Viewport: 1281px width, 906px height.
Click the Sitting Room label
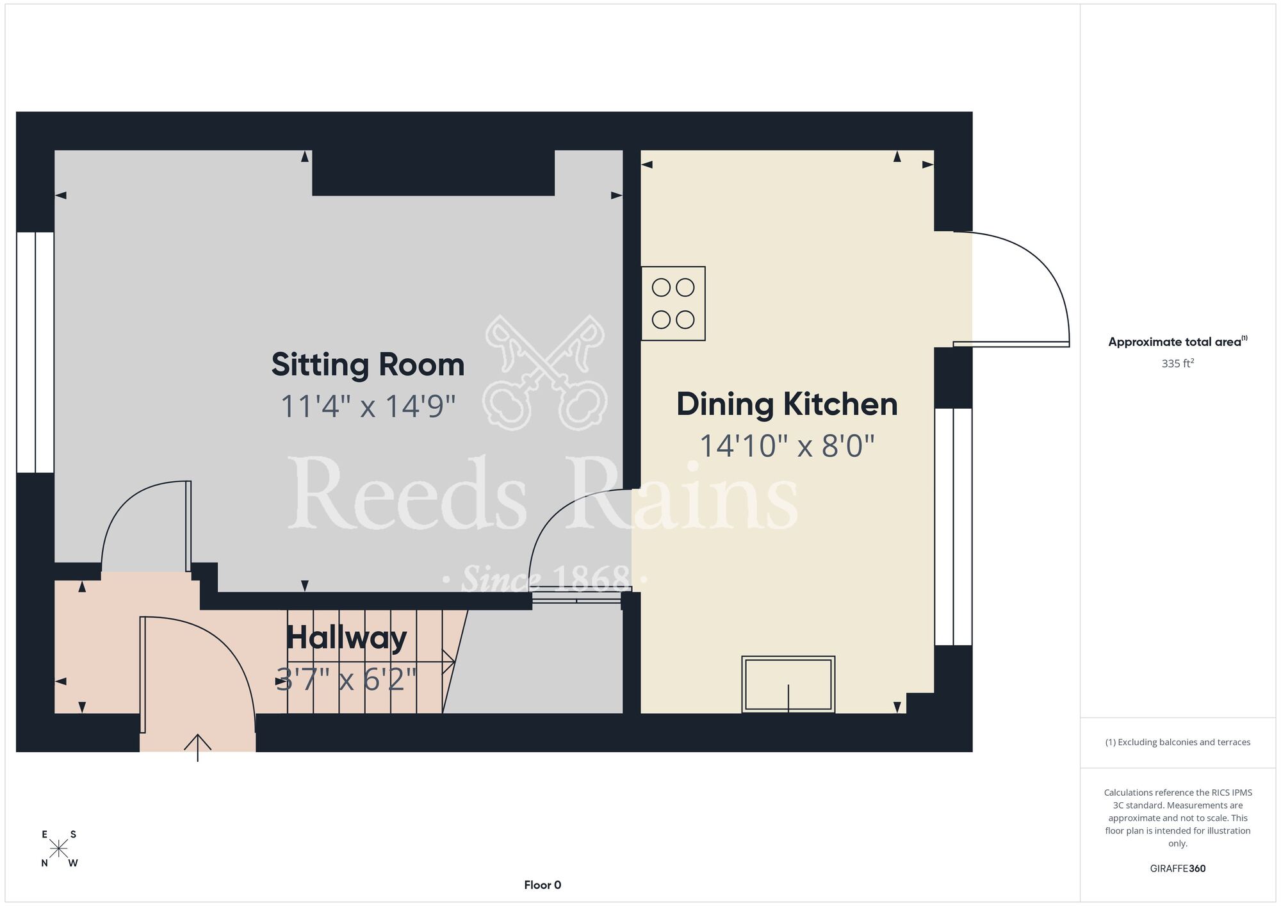[368, 365]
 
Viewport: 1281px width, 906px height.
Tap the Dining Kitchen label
[787, 404]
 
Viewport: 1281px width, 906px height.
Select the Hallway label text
[347, 638]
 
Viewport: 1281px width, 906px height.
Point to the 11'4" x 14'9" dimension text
[368, 406]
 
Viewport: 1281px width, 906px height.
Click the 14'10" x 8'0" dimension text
[787, 446]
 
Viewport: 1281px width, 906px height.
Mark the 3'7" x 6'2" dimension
[347, 679]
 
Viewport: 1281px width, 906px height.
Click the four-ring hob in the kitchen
[673, 304]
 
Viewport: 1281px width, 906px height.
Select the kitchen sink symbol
[788, 684]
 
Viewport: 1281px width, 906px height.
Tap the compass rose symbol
[59, 849]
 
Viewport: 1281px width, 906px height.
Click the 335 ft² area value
[1178, 363]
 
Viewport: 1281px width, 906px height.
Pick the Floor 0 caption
[543, 885]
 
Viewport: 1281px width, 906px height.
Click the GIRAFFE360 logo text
[1178, 869]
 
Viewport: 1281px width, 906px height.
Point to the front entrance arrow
[198, 748]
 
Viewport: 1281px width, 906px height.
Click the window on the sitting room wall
[35, 352]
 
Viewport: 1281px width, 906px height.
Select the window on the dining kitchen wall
[953, 527]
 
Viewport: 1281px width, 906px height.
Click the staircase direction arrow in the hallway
[371, 661]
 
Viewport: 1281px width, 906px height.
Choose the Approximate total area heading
[1178, 342]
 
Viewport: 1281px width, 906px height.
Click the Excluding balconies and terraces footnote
[1178, 742]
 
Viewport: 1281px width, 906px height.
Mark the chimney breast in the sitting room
[433, 173]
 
